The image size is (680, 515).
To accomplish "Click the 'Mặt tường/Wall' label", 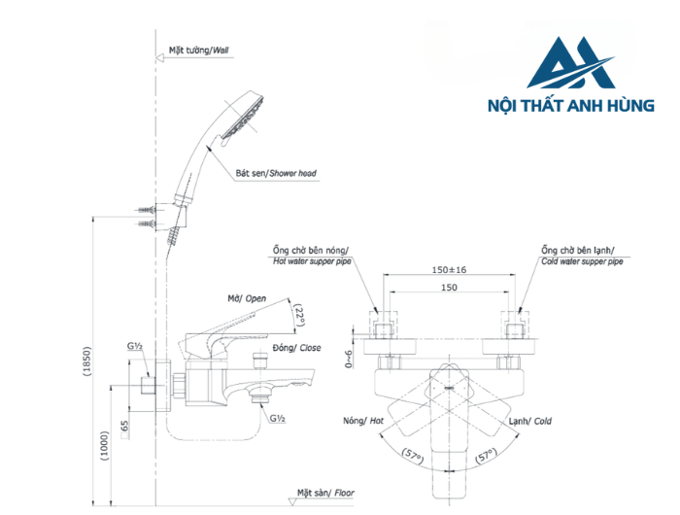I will click(x=199, y=50).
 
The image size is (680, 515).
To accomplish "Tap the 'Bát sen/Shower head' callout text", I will click(x=275, y=173).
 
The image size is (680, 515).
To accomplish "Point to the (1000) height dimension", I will click(x=105, y=446).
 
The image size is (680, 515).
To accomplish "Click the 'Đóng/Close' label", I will click(x=297, y=347).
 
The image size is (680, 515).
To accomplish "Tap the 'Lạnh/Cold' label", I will click(x=529, y=421).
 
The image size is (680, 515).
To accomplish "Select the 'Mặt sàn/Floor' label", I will click(x=326, y=493).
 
